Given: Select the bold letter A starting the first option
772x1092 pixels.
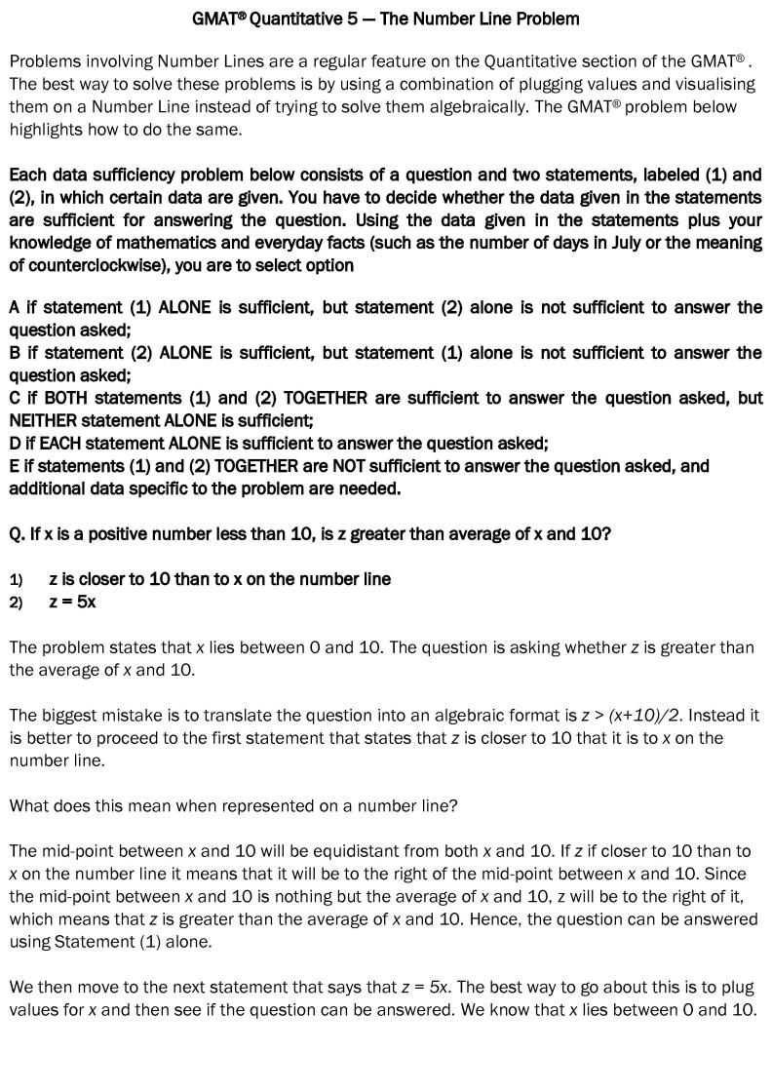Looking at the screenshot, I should [15, 307].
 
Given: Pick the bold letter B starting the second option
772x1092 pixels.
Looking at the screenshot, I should [15, 352].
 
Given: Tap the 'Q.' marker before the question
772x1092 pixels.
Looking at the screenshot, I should [18, 534].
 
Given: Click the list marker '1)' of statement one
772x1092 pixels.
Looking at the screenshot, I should [16, 579].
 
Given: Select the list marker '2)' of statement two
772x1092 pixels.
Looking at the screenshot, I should [16, 603].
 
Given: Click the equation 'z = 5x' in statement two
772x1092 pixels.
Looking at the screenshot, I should [72, 602].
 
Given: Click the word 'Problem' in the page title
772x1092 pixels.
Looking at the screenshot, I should [546, 19].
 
